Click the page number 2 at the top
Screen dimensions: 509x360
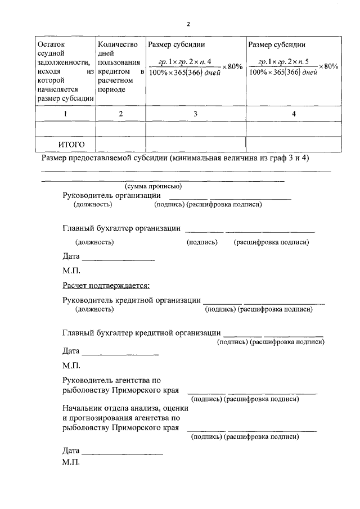tap(189, 24)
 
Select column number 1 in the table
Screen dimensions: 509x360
tap(65, 114)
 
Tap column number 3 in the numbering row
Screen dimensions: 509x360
tap(195, 114)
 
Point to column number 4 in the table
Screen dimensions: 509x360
tap(294, 114)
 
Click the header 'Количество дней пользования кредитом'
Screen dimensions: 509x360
tap(120, 67)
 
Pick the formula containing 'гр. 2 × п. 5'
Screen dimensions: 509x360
tap(288, 67)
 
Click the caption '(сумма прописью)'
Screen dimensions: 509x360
tap(152, 186)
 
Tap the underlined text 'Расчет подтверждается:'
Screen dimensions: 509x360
tap(106, 286)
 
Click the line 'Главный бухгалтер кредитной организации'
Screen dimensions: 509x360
tap(141, 332)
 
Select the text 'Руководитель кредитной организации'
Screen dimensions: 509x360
tap(132, 300)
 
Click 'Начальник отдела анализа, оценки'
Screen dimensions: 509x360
tap(125, 408)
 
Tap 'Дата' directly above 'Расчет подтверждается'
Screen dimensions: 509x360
tap(71, 257)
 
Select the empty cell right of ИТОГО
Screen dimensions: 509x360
tap(120, 145)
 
